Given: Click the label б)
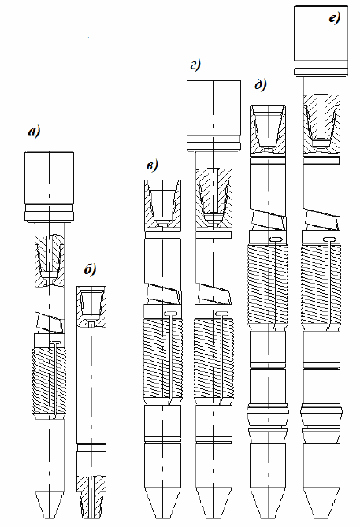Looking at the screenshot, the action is point(90,269).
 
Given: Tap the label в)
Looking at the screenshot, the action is point(151,165).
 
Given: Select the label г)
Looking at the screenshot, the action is point(195,65).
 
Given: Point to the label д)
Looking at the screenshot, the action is point(261,85).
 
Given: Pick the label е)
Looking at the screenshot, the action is point(334,18).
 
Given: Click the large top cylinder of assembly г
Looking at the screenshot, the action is point(213,114).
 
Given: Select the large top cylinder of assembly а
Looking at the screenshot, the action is point(49,186).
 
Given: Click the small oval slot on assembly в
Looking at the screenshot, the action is point(171,314).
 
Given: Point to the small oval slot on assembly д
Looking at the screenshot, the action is point(277,239).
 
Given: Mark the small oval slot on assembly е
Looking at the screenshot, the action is point(330,239).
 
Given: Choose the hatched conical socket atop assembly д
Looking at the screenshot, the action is point(269,131).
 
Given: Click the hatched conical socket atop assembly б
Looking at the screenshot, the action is point(91,306).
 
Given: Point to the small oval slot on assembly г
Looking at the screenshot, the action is point(221,314).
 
